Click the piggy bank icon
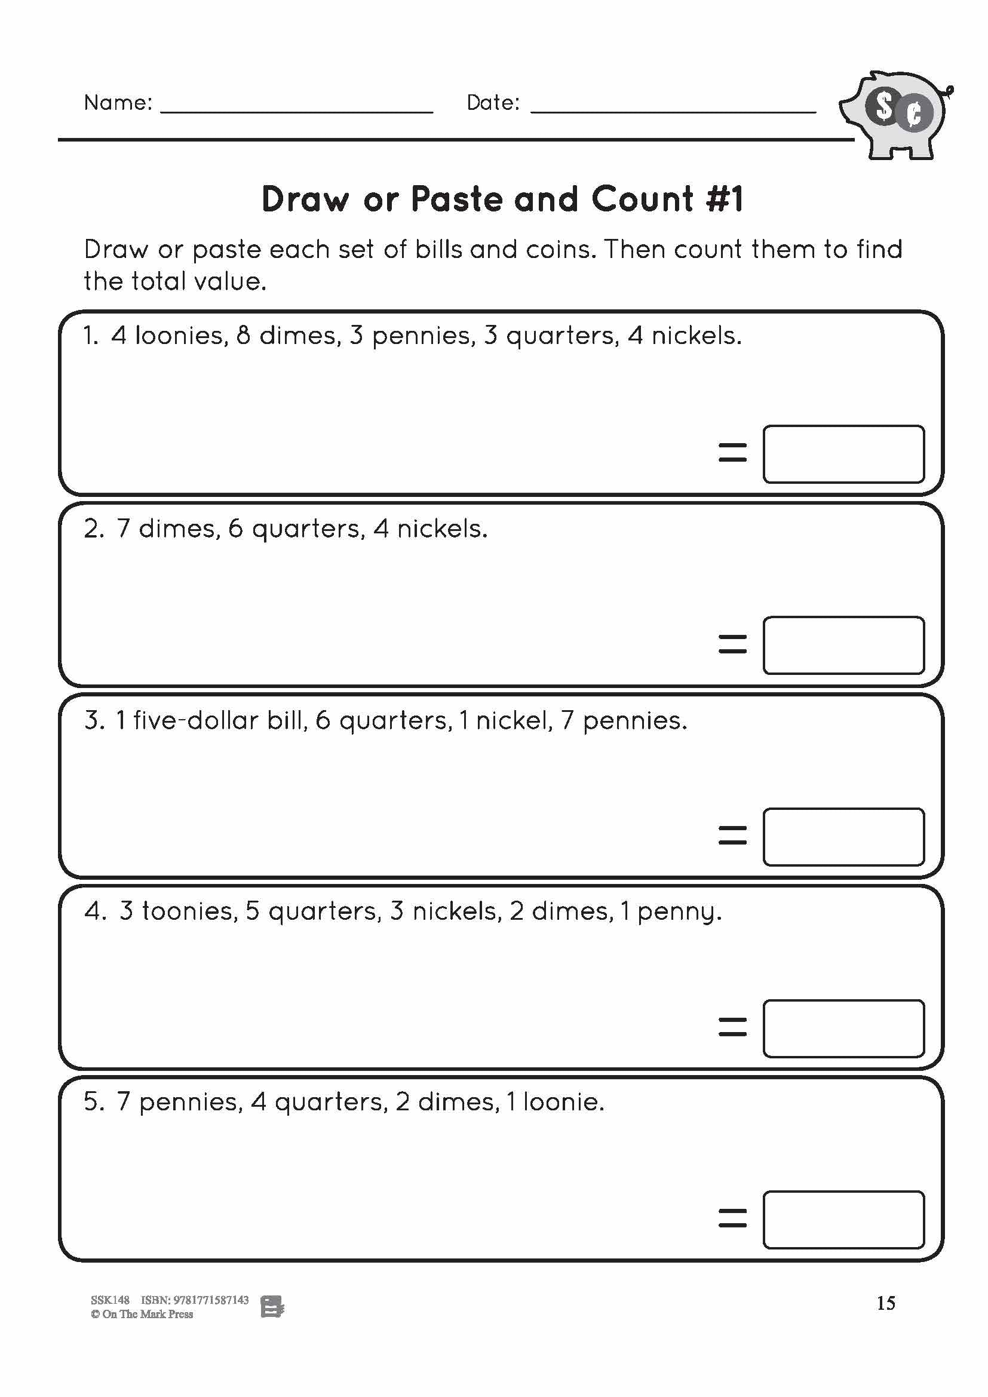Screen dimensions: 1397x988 click(x=894, y=116)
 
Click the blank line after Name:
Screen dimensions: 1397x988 click(x=296, y=109)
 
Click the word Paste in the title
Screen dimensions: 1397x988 click(x=457, y=199)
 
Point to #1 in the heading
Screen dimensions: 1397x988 click(x=725, y=199)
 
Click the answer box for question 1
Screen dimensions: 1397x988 click(x=843, y=454)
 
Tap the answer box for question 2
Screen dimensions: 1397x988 click(x=843, y=645)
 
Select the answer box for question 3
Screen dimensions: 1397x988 click(x=843, y=837)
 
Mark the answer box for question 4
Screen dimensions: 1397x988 click(x=843, y=1028)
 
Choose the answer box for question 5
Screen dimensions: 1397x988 click(x=843, y=1220)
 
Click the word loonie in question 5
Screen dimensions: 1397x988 click(x=563, y=1102)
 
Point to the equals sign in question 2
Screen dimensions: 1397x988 click(x=732, y=644)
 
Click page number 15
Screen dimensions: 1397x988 click(x=885, y=1303)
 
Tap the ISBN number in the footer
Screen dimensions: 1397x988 click(x=210, y=1300)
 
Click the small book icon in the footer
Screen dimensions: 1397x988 click(x=272, y=1306)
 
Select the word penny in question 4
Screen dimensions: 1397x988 click(x=679, y=912)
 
